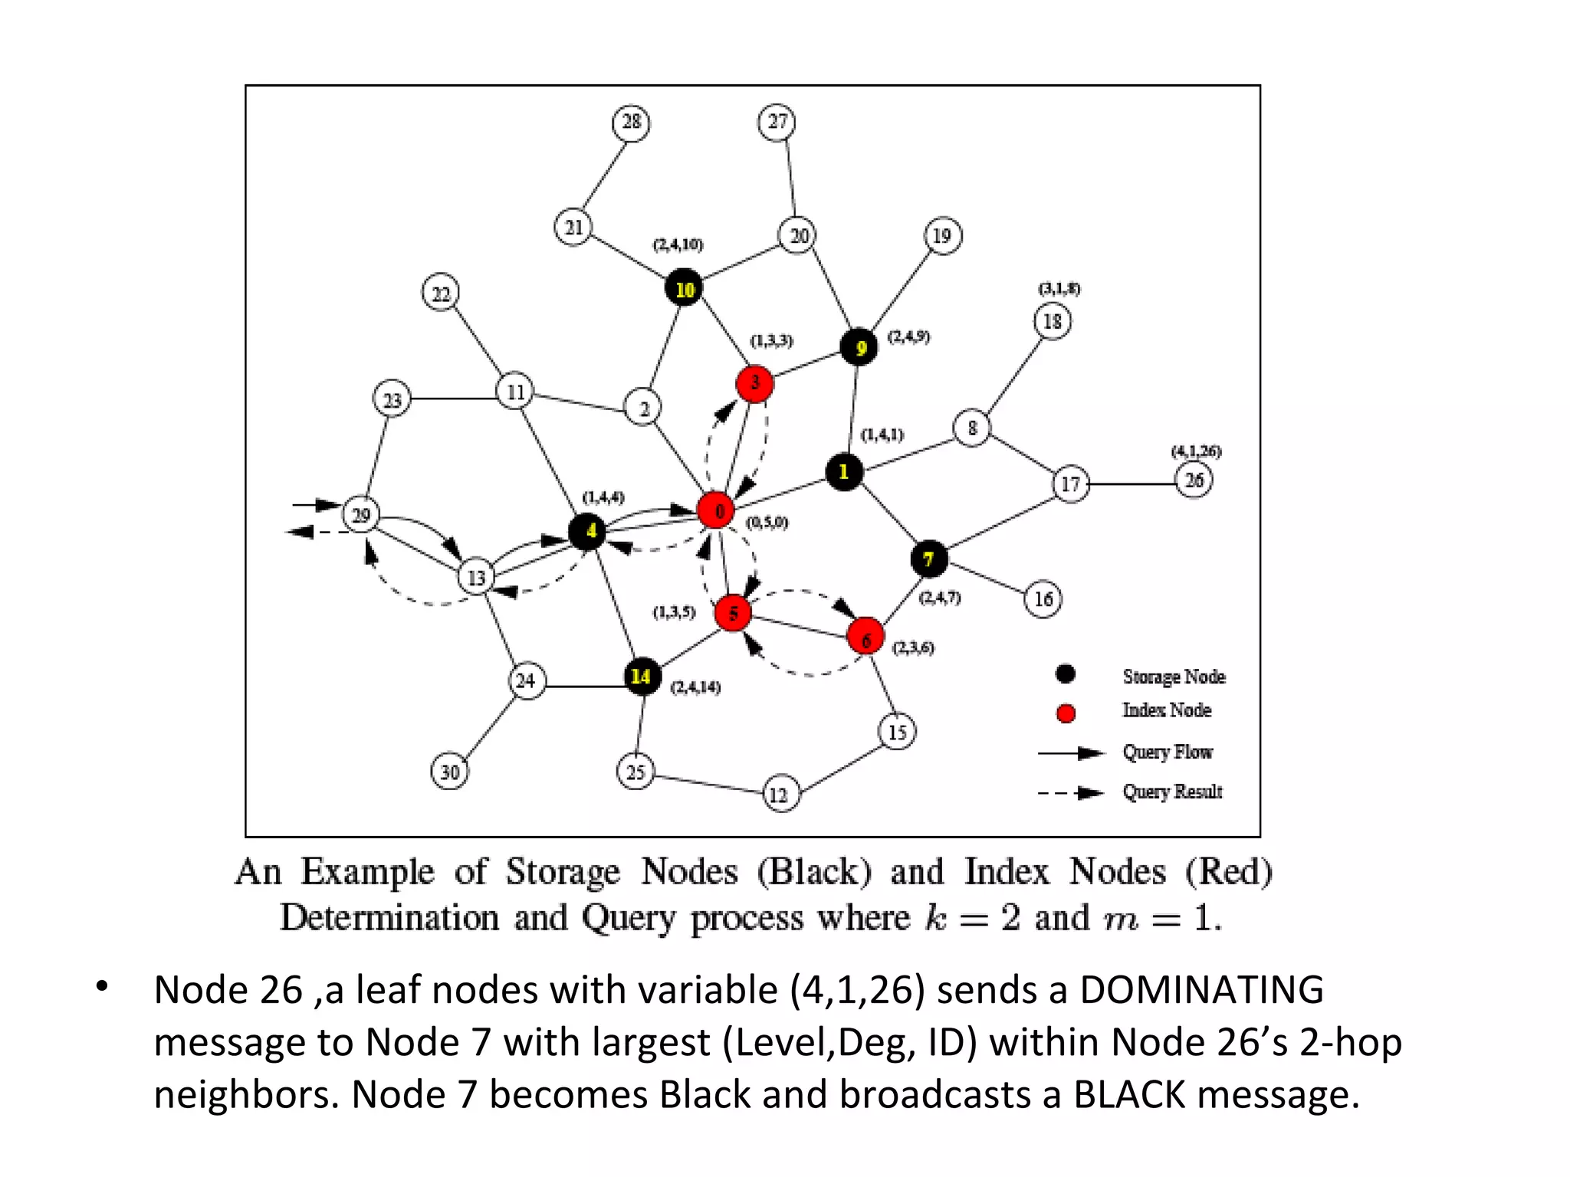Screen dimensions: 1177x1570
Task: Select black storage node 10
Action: [x=683, y=288]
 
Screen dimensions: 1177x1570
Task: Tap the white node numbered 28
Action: [x=631, y=123]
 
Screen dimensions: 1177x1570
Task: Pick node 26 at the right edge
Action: [x=1194, y=480]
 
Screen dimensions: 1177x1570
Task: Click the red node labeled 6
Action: [x=865, y=637]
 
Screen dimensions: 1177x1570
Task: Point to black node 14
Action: [x=642, y=677]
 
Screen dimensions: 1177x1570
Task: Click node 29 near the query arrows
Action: [x=361, y=514]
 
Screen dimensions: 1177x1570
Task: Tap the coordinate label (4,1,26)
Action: [x=1196, y=451]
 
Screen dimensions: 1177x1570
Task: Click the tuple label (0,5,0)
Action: [x=767, y=523]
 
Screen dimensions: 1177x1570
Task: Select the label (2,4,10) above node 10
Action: [x=678, y=244]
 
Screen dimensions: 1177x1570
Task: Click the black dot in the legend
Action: [x=1065, y=674]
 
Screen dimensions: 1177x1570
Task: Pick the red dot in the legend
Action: [x=1066, y=713]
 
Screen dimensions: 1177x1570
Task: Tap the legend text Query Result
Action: [x=1172, y=792]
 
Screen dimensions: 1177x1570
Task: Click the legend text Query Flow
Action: [x=1168, y=752]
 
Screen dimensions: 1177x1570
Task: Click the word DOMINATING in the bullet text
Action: [x=1201, y=990]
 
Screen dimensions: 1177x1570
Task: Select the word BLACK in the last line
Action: [x=1128, y=1094]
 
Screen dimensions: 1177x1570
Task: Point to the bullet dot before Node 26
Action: [x=102, y=988]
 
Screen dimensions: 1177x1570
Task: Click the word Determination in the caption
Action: [x=389, y=918]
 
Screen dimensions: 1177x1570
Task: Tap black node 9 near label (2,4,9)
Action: [x=859, y=347]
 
